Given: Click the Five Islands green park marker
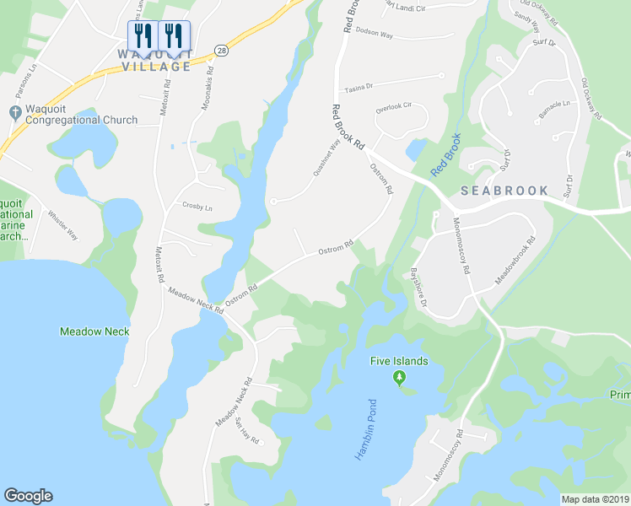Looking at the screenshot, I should (x=399, y=379).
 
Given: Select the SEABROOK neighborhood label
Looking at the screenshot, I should (x=504, y=191).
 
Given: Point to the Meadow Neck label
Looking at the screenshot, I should (x=94, y=331).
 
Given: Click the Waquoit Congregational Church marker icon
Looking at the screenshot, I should (x=13, y=112).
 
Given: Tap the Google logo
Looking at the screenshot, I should (x=28, y=496).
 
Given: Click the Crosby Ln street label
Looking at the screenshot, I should (x=197, y=206).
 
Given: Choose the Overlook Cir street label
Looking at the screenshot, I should (x=393, y=107).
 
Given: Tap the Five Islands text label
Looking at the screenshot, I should (x=399, y=362).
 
